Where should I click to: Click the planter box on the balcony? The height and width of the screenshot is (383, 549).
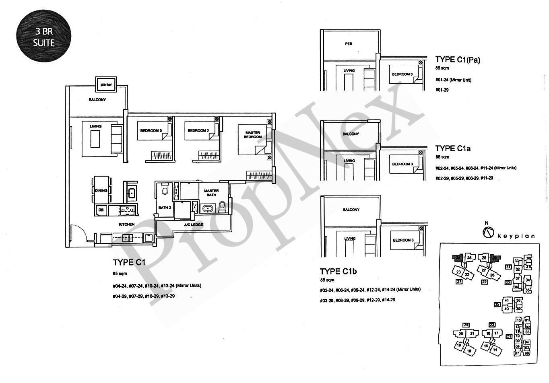[x=106, y=84]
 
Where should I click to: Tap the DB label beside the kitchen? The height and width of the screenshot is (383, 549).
[x=101, y=210]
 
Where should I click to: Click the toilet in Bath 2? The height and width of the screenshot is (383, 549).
[x=164, y=189]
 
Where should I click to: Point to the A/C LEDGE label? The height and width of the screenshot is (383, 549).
[x=194, y=225]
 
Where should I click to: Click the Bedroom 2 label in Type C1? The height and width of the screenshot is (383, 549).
[x=198, y=131]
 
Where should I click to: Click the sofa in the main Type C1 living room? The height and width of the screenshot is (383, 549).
[x=116, y=139]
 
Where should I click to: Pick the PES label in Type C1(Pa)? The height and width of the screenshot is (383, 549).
[x=349, y=43]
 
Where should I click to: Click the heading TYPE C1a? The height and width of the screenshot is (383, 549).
[x=453, y=148]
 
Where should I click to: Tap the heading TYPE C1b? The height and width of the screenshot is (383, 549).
[x=338, y=272]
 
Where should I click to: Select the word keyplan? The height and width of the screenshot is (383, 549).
[x=516, y=236]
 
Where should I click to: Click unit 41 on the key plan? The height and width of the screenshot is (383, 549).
[x=507, y=300]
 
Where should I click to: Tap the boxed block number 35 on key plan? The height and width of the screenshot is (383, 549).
[x=497, y=305]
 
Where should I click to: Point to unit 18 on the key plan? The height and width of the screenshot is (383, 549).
[x=469, y=351]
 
